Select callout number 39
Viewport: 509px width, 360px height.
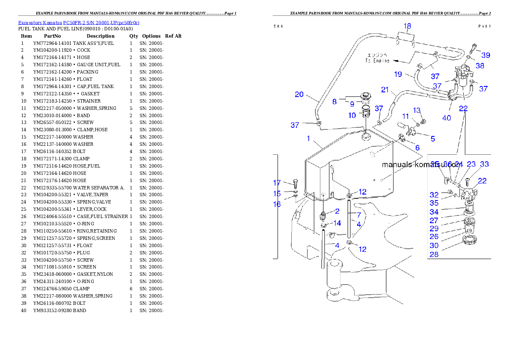pos(485,55)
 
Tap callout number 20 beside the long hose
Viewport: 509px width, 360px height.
pos(299,94)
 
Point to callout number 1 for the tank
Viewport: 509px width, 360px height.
pos(308,139)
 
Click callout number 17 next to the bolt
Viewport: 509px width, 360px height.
pos(277,183)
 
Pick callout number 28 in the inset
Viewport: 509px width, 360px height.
pos(434,255)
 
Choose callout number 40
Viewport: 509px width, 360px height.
pos(447,118)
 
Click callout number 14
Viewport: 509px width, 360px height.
pos(337,223)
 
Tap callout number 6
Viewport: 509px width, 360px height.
pos(417,148)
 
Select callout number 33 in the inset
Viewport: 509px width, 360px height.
pos(484,164)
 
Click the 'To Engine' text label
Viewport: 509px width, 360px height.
pos(377,58)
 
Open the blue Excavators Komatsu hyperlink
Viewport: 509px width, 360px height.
pos(79,22)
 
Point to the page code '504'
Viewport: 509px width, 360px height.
pos(278,26)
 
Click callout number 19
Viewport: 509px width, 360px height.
pos(398,74)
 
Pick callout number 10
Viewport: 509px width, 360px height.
pos(352,115)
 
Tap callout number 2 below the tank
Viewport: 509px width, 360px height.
pos(337,211)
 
